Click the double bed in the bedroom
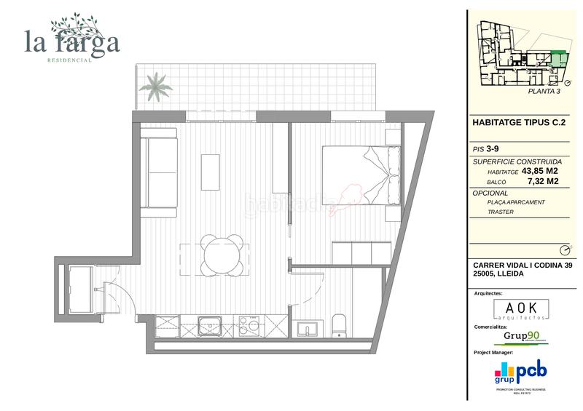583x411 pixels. (360, 175)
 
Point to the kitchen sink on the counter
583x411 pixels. (211, 324)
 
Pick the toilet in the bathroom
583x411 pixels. (340, 327)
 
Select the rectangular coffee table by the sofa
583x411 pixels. (211, 172)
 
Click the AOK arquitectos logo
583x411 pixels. (521, 308)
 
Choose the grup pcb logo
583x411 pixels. (521, 373)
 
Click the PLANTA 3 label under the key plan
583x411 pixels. (544, 92)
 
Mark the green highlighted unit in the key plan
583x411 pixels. (559, 58)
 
